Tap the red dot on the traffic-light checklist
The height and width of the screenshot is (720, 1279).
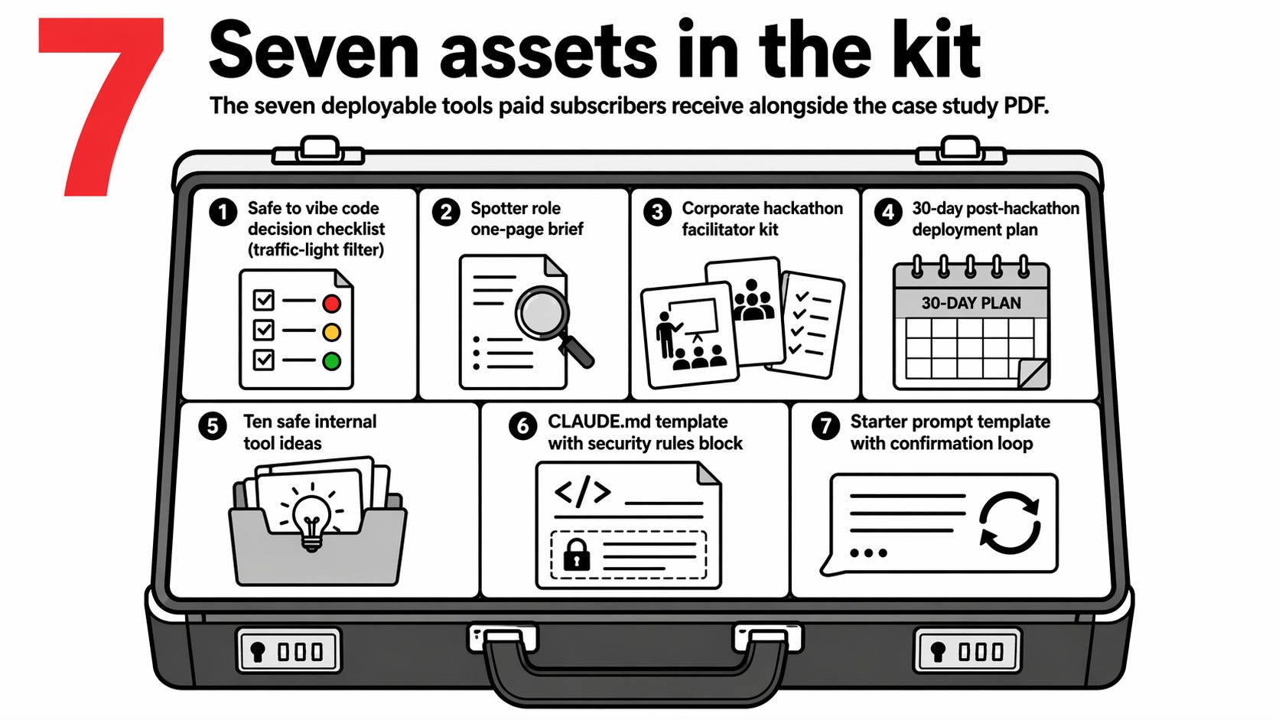pos(331,304)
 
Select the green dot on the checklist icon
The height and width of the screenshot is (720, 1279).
pos(331,361)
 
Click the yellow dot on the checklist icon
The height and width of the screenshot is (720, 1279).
pos(331,333)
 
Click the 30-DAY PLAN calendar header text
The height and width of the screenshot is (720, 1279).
pos(971,303)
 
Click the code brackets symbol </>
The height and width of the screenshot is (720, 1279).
pos(583,493)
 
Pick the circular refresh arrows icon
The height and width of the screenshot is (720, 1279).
pos(1010,523)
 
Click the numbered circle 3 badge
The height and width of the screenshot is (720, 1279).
pos(657,211)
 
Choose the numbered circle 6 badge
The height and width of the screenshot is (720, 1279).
pos(522,425)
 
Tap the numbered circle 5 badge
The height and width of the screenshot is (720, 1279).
pos(213,425)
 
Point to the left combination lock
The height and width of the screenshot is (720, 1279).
pos(288,651)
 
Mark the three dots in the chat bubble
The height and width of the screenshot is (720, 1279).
pos(868,552)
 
